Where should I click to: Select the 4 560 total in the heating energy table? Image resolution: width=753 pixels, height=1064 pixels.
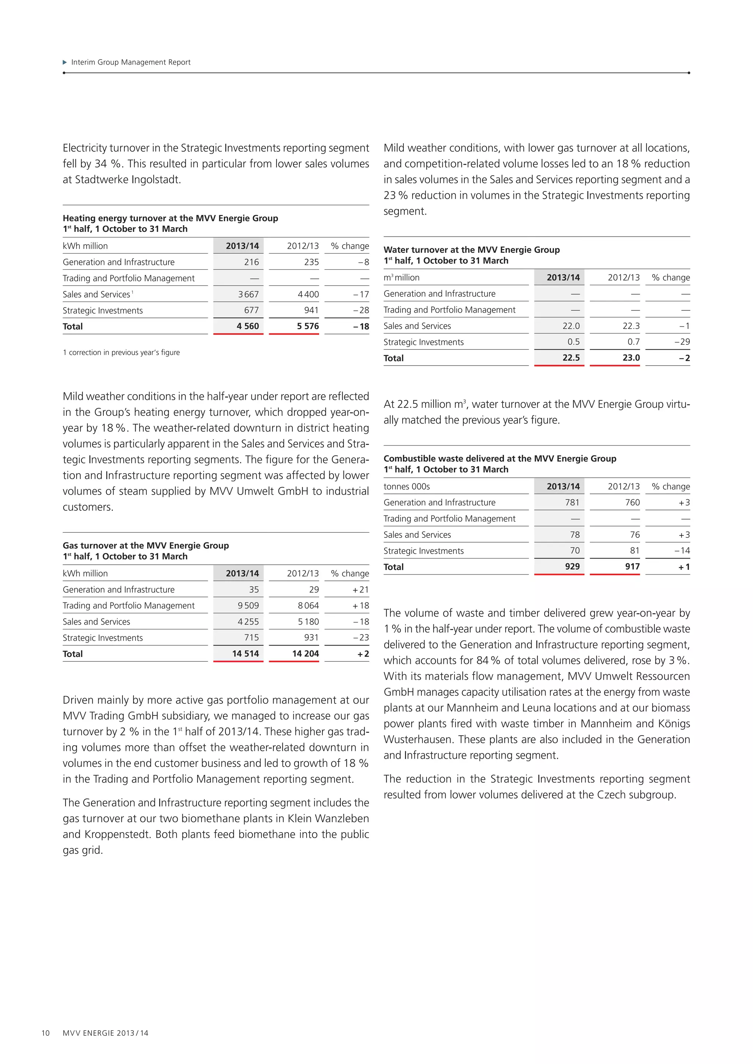(x=247, y=326)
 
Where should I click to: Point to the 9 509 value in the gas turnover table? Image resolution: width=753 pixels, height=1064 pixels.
(x=248, y=606)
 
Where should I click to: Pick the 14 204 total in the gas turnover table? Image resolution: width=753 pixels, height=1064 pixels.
(x=305, y=654)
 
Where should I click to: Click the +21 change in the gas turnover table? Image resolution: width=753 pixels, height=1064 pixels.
(x=360, y=589)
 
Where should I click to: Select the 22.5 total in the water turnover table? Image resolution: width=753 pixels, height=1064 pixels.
(x=571, y=358)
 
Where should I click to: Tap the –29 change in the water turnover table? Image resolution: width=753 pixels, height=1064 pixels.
(x=682, y=342)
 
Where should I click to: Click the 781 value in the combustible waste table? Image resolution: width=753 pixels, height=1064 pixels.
(x=572, y=502)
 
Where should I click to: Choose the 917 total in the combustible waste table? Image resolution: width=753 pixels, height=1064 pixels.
(x=632, y=567)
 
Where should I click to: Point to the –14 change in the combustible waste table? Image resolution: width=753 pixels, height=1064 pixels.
(x=682, y=550)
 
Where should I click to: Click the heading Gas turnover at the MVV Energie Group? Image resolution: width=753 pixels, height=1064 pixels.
(x=146, y=546)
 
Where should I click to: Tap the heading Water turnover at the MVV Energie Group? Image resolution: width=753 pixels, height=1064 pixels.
(x=472, y=250)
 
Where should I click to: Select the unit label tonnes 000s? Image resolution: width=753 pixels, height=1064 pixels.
(x=407, y=486)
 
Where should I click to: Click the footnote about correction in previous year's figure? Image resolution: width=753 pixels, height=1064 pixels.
(x=121, y=353)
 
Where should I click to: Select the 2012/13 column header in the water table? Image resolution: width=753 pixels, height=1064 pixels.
(x=623, y=278)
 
